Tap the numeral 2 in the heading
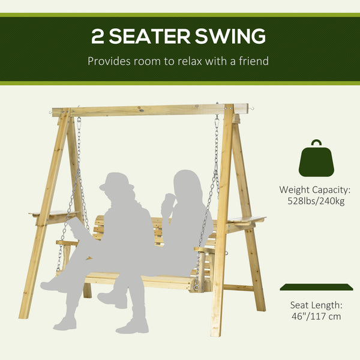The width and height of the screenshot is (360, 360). click(x=99, y=36)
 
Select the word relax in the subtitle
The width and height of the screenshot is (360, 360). click(x=182, y=61)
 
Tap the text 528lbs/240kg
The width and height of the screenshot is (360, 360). click(x=315, y=202)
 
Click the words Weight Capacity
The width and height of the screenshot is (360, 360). click(x=315, y=190)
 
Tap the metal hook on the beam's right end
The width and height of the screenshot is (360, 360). click(x=253, y=107)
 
